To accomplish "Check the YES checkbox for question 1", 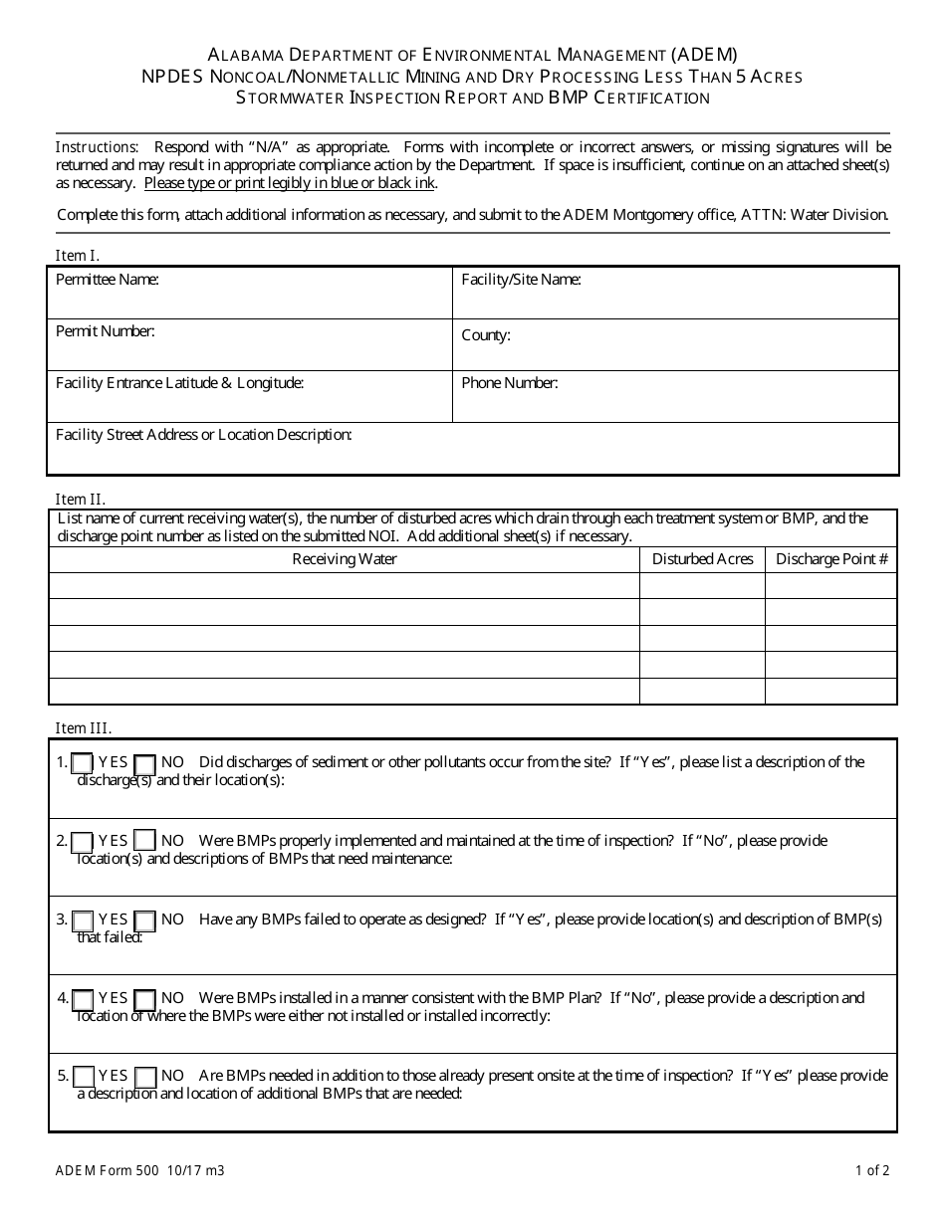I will tap(84, 763).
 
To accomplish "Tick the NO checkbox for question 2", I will tap(144, 842).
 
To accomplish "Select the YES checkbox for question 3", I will tap(84, 920).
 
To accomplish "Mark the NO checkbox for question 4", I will tap(144, 999).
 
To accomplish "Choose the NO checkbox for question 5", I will tap(144, 1077).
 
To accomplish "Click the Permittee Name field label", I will tap(108, 280).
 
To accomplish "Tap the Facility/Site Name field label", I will tap(521, 280).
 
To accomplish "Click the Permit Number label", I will tap(106, 331).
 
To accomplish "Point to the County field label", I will tap(486, 335).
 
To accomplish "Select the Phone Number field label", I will tap(510, 383).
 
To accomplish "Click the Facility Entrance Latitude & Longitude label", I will tap(180, 383).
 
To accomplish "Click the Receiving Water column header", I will tap(345, 559).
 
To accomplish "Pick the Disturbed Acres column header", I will tap(702, 559).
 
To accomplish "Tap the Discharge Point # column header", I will tap(831, 559).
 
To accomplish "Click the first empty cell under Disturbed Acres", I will tap(702, 586).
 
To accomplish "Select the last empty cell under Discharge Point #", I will tap(831, 691).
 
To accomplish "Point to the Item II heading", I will tap(81, 500).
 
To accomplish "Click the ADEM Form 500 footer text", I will tap(139, 1171).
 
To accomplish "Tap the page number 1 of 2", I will tap(872, 1171).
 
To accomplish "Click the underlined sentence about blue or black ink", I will tap(290, 183).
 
